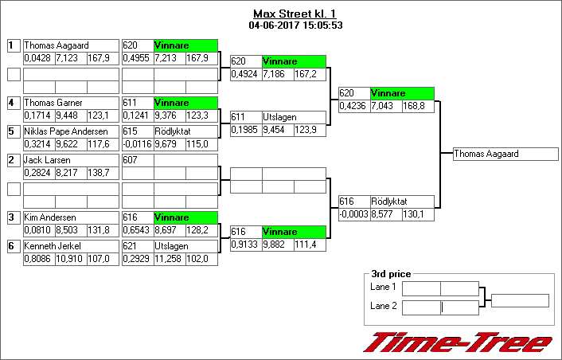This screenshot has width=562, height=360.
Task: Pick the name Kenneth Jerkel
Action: point(53,246)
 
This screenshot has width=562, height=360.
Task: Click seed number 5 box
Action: point(13,131)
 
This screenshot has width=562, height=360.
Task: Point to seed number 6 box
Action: point(13,246)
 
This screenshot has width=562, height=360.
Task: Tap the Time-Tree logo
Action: point(458,342)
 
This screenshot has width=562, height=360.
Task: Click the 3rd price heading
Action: point(390,275)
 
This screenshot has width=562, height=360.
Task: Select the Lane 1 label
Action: point(384,287)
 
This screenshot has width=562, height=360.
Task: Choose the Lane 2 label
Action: point(384,306)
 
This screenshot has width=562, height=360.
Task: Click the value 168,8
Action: point(417,106)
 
